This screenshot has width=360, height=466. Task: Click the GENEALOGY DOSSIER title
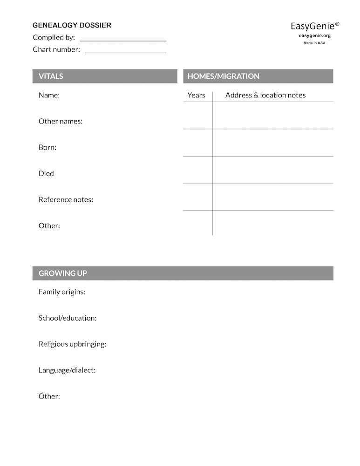click(72, 25)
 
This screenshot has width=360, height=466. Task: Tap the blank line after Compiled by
click(123, 41)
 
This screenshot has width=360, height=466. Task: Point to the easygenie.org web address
click(314, 35)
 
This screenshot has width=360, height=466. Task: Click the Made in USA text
click(314, 43)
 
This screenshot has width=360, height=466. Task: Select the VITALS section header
click(51, 76)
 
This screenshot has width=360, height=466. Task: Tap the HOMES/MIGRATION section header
click(223, 76)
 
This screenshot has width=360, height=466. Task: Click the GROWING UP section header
click(62, 274)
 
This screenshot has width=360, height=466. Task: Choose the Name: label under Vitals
click(49, 95)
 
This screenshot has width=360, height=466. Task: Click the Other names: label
click(61, 121)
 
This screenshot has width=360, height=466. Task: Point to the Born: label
click(47, 147)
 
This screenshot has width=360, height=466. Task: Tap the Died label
click(46, 173)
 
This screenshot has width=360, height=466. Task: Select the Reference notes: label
click(66, 199)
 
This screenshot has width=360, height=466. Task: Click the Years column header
click(196, 95)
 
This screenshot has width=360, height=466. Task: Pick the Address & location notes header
click(265, 95)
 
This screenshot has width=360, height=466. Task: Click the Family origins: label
click(62, 292)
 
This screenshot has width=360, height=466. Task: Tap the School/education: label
click(68, 318)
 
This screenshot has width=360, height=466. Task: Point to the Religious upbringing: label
click(72, 344)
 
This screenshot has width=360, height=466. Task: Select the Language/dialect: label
click(67, 370)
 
